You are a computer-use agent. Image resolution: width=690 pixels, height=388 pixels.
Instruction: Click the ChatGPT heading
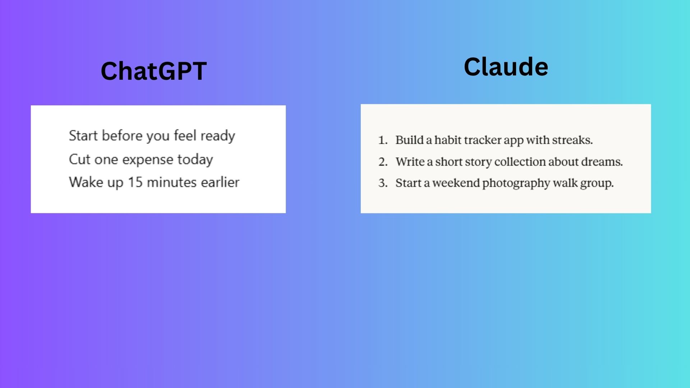(x=154, y=71)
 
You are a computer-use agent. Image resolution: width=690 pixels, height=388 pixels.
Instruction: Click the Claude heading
(x=506, y=67)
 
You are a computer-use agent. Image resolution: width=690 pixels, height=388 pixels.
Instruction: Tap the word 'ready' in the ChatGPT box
(x=218, y=136)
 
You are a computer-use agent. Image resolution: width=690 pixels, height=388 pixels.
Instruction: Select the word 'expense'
(x=148, y=160)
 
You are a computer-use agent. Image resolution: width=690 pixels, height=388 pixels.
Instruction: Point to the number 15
(x=135, y=182)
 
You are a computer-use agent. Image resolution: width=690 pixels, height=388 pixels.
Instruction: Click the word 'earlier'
(x=220, y=182)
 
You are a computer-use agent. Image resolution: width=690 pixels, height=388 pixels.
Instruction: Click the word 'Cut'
(x=79, y=159)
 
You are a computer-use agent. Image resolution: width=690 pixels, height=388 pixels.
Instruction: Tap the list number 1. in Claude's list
(x=383, y=140)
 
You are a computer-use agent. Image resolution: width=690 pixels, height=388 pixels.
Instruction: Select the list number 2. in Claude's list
(x=383, y=162)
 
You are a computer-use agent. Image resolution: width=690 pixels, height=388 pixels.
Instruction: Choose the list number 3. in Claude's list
(x=383, y=183)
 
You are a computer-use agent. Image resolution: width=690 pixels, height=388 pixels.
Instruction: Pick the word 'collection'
(x=520, y=162)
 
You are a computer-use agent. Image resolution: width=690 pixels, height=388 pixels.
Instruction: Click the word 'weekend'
(x=456, y=183)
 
